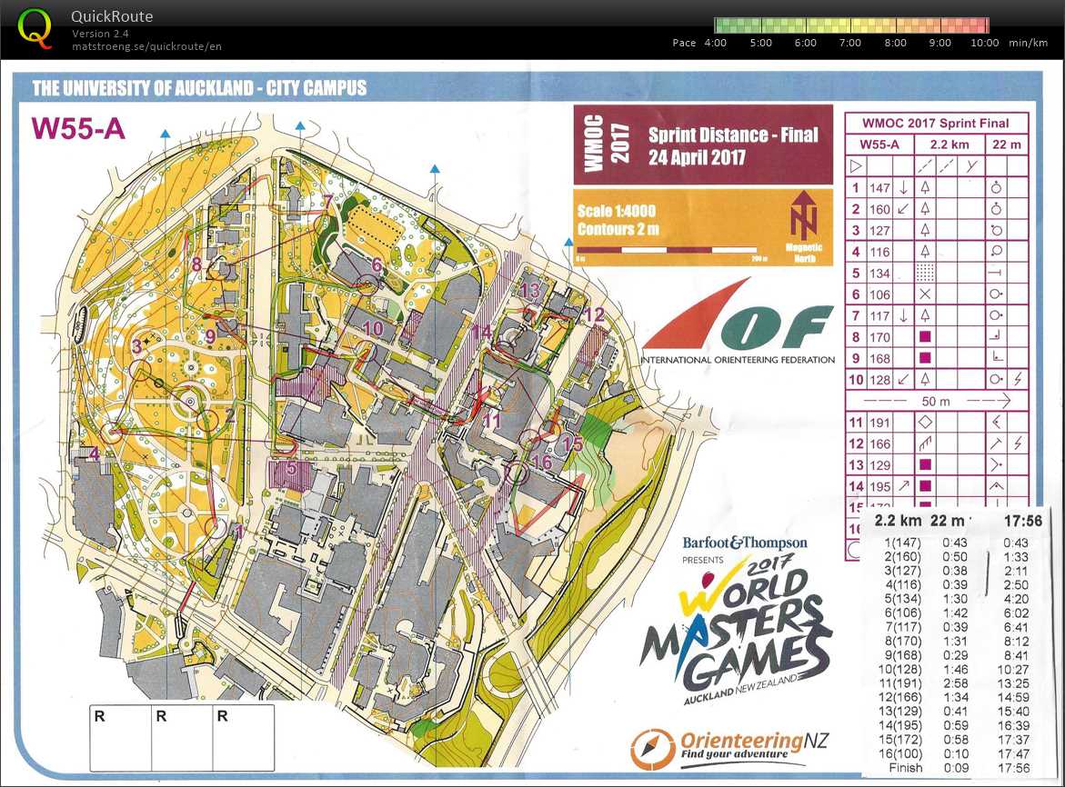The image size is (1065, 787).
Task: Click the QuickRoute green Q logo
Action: [35, 28]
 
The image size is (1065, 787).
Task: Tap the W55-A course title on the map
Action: [78, 128]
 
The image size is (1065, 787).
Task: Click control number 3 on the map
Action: [137, 346]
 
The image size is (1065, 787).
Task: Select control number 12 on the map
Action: [595, 315]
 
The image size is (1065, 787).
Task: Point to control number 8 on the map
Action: [196, 264]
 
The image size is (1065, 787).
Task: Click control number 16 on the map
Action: [542, 462]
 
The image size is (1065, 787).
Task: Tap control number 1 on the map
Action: [239, 529]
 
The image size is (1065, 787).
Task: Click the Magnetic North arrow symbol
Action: [803, 217]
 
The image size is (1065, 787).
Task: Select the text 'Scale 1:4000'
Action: [617, 211]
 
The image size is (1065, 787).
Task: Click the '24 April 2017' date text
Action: [697, 156]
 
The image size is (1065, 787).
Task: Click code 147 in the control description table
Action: [879, 188]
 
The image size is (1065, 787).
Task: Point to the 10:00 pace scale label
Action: [984, 43]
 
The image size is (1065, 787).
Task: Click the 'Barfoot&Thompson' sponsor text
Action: [744, 543]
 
